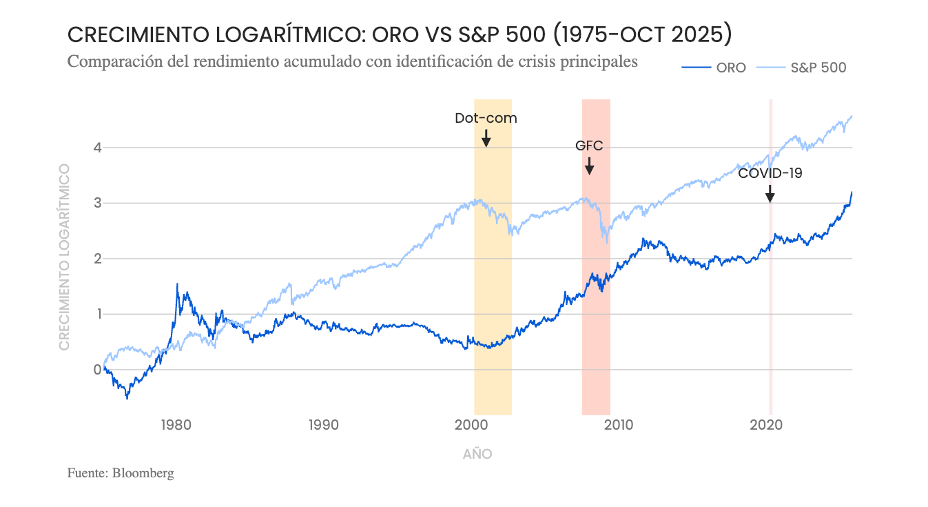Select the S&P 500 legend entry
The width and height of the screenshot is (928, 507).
pos(818,68)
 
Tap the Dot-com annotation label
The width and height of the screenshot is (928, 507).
pos(486,118)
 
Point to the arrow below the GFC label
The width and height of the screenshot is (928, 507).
pos(589,166)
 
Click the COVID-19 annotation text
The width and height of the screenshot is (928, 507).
pos(770,173)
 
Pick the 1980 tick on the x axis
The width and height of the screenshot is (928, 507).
pos(176,425)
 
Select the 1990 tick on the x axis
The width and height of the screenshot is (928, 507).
pos(324,425)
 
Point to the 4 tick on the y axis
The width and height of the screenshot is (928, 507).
pos(98,148)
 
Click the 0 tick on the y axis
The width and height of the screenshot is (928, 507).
pos(98,370)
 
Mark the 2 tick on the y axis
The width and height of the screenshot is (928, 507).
pos(98,259)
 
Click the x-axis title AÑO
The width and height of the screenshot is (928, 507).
pos(477,454)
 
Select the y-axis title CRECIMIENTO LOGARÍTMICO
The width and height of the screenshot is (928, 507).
pos(64,256)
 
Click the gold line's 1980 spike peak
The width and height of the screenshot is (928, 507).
pos(177,284)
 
